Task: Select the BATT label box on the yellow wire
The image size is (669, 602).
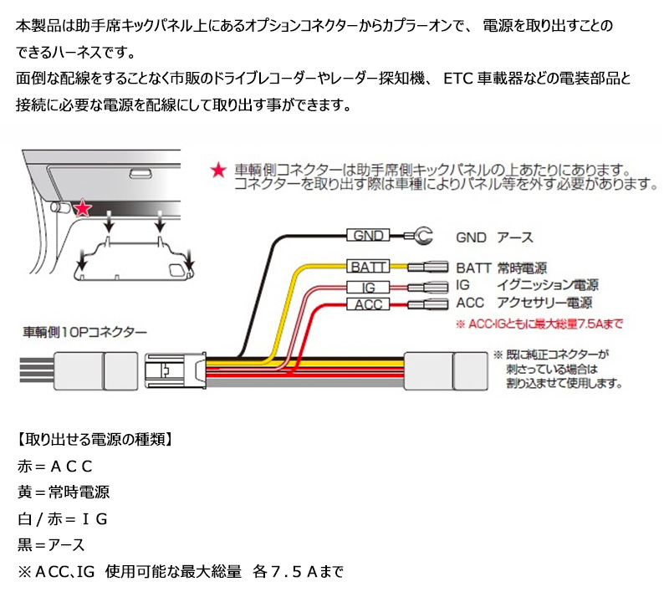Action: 367,268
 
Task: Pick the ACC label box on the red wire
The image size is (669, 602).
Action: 368,304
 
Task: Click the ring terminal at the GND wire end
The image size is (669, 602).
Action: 421,237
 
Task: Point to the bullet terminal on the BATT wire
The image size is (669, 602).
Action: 427,268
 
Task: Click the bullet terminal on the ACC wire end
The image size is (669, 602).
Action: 429,304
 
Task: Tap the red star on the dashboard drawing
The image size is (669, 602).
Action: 82,209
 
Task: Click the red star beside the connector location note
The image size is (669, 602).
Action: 217,171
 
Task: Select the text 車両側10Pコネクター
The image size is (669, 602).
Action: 84,332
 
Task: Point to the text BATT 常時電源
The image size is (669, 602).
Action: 502,268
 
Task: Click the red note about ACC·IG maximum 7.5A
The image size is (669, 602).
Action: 539,323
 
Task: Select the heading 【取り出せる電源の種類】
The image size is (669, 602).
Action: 94,438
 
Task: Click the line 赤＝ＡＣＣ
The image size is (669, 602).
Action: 54,465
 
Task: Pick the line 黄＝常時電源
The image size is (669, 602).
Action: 64,492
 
